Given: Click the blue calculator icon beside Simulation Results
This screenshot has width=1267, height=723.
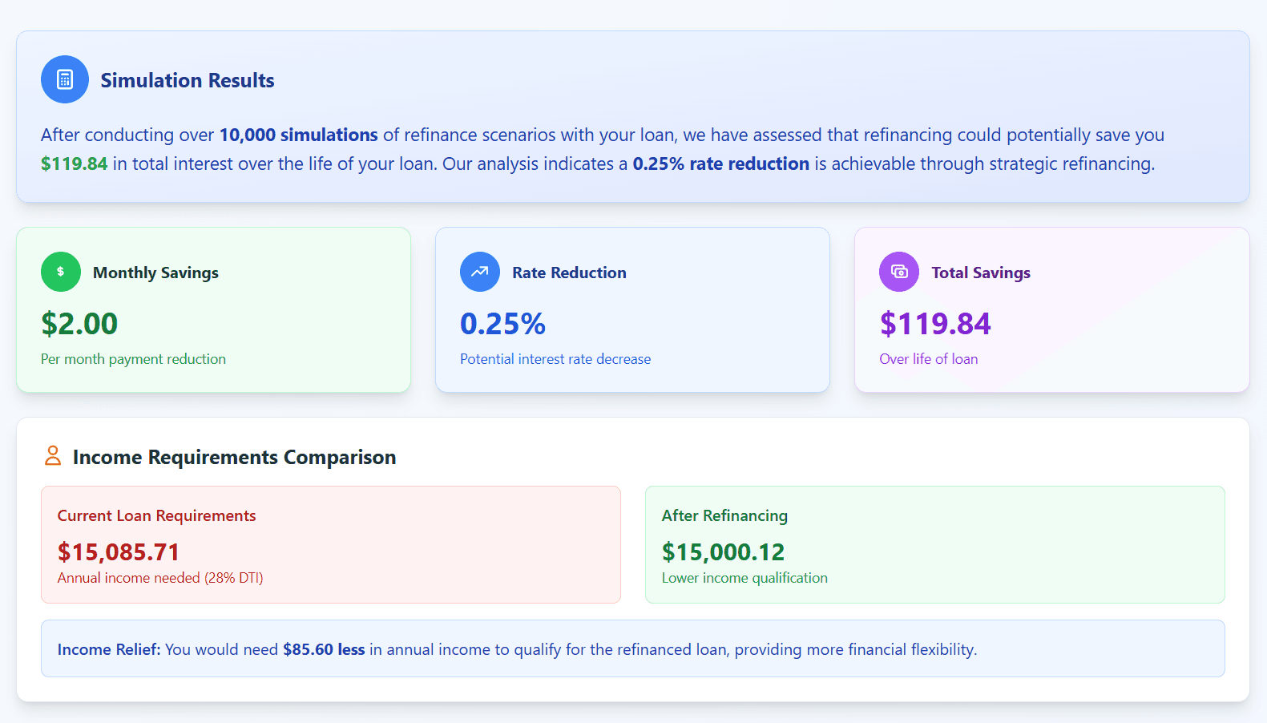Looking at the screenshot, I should pyautogui.click(x=65, y=79).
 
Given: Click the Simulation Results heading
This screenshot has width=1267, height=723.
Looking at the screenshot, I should pyautogui.click(x=187, y=80).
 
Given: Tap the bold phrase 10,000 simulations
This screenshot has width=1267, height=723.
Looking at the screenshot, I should pyautogui.click(x=298, y=135).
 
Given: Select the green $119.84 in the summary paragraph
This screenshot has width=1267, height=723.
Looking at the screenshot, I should pyautogui.click(x=74, y=164).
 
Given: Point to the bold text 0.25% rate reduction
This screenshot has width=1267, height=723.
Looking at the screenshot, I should pyautogui.click(x=720, y=164).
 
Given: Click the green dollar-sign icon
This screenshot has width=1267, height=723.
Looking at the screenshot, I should pyautogui.click(x=61, y=272).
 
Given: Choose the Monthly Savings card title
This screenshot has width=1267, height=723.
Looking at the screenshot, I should pyautogui.click(x=155, y=273).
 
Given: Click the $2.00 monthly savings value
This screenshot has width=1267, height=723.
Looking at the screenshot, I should pyautogui.click(x=79, y=324).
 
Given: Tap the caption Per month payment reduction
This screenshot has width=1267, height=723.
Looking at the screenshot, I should pyautogui.click(x=133, y=359).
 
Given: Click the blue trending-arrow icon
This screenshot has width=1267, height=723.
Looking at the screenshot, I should pyautogui.click(x=480, y=272).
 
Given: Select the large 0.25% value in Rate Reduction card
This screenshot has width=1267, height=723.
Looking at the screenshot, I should pyautogui.click(x=502, y=324).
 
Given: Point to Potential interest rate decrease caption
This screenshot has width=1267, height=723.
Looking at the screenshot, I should pyautogui.click(x=555, y=359).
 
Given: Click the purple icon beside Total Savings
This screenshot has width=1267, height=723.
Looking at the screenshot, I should pyautogui.click(x=899, y=272).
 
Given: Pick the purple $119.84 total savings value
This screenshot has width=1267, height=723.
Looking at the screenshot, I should pyautogui.click(x=934, y=324).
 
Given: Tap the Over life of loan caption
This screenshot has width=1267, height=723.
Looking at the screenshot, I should pyautogui.click(x=928, y=359).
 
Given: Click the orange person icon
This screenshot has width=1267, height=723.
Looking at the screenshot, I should pyautogui.click(x=53, y=456).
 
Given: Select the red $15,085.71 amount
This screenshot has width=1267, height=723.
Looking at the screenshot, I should pyautogui.click(x=118, y=552).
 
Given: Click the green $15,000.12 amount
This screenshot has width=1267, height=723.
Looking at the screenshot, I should pyautogui.click(x=723, y=552).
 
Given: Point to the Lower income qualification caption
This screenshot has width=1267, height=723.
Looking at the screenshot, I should pyautogui.click(x=744, y=578).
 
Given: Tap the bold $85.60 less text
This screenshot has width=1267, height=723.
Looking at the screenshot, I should pyautogui.click(x=324, y=649).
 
